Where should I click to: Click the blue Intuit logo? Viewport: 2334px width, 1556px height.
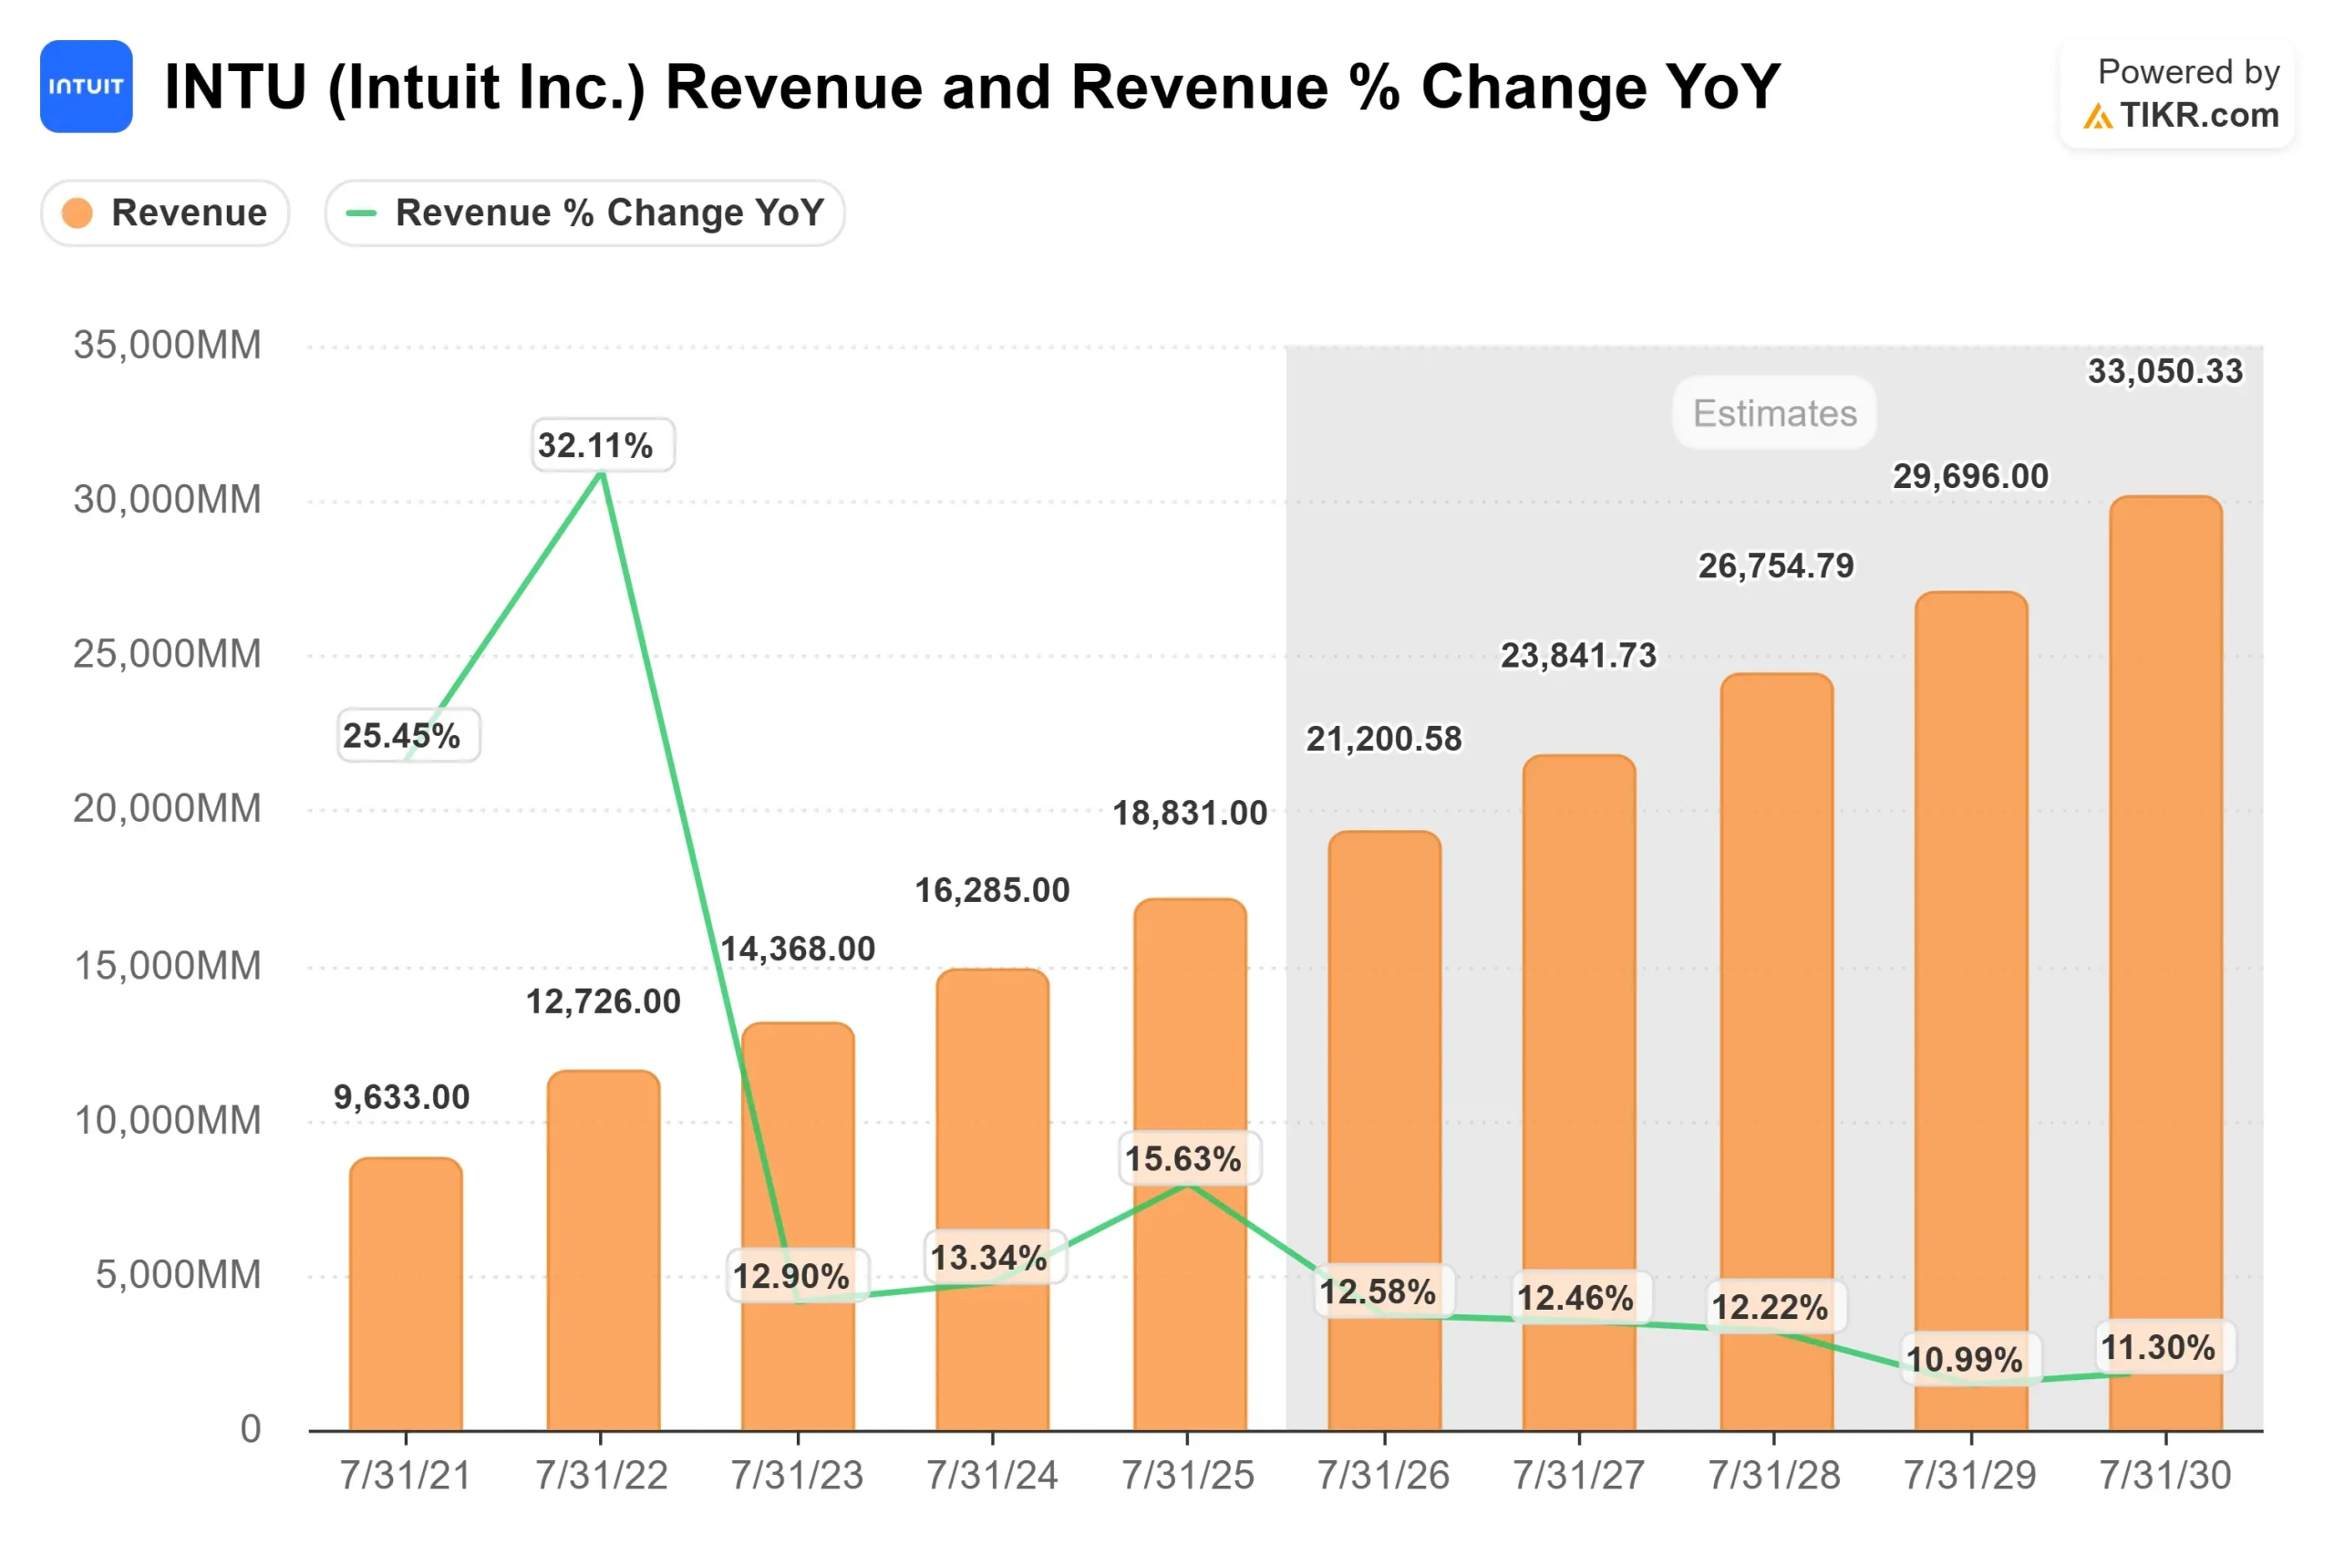87,87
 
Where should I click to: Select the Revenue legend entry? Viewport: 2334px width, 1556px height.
165,213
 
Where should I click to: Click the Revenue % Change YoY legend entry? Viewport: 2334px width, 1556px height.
584,213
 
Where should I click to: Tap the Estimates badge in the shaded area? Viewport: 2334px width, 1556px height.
1773,413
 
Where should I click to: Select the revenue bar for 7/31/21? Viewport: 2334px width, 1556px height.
406,1300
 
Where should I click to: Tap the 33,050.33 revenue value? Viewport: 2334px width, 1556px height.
2164,371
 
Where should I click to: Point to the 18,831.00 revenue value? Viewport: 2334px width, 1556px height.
1189,813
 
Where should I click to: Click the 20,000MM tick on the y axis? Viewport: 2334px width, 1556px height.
167,809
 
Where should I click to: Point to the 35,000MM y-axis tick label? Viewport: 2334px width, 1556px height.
167,346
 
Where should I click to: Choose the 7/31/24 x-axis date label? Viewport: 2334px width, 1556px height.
992,1476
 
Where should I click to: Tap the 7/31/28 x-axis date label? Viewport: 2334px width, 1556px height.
1773,1476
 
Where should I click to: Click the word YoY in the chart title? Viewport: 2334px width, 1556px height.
1722,87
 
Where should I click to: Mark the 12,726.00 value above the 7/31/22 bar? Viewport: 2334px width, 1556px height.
603,1001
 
